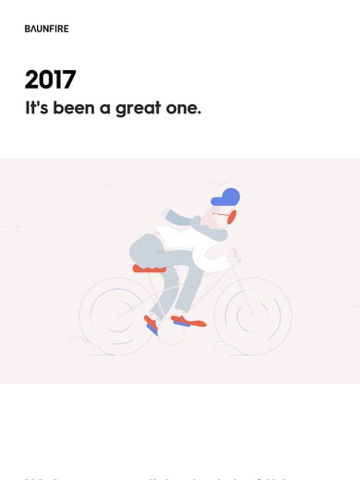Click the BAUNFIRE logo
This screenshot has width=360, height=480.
point(46,29)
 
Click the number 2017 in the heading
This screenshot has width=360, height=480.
point(51,80)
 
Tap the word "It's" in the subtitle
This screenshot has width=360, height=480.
point(35,107)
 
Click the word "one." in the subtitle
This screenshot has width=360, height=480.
point(183,108)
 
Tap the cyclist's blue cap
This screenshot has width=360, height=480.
point(227,197)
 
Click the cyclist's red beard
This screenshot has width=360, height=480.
point(231,217)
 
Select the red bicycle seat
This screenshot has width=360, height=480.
point(149,269)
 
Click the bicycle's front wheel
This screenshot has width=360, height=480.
point(252,315)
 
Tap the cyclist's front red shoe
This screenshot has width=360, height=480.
point(189,321)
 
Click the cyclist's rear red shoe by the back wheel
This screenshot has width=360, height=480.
point(150,324)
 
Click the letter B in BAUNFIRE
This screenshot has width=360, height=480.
point(28,29)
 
